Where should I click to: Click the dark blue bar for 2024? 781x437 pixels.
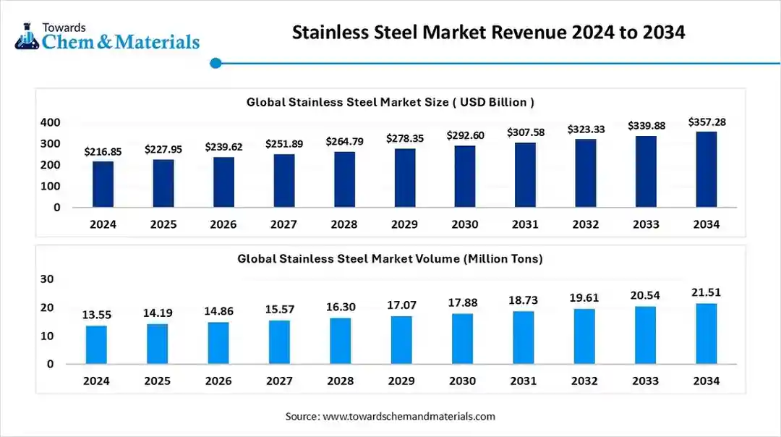click(x=103, y=184)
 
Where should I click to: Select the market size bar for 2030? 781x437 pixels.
click(x=465, y=177)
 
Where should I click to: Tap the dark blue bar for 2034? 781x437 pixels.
click(x=707, y=169)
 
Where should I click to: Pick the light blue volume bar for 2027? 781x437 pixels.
click(x=279, y=342)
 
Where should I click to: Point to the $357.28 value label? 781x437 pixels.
click(x=707, y=122)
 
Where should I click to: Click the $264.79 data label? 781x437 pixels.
click(x=344, y=141)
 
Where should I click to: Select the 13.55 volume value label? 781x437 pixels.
click(x=96, y=315)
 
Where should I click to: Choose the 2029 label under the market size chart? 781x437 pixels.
click(x=404, y=224)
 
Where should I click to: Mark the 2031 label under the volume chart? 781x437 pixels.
click(x=523, y=381)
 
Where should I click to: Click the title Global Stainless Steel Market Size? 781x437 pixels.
click(x=390, y=102)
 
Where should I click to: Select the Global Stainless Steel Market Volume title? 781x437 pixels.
click(x=390, y=258)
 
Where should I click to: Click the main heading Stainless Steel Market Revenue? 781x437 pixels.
click(x=489, y=33)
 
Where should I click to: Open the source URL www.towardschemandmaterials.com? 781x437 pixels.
click(x=409, y=416)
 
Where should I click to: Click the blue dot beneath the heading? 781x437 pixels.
click(x=215, y=64)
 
